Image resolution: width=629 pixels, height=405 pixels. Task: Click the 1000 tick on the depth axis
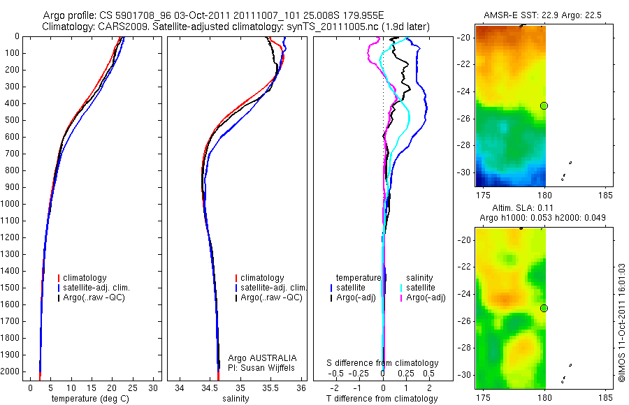coord(12,204)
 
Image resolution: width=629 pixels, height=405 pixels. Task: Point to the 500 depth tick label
coord(12,120)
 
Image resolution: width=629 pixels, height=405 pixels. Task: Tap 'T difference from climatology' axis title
coord(382,399)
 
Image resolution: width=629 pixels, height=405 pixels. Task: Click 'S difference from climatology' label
coord(383,363)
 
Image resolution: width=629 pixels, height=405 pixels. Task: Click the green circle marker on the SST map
coord(544,105)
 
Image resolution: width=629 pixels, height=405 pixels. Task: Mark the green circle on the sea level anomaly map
coord(544,308)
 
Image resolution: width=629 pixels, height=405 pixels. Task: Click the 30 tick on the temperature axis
coord(154,388)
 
